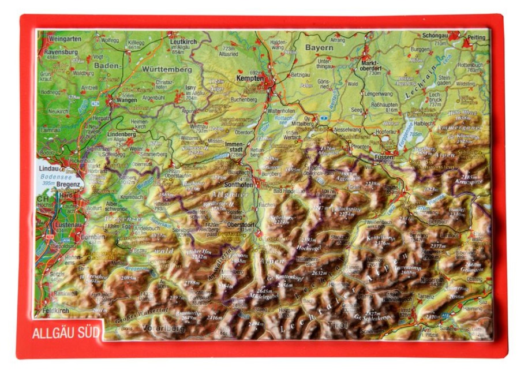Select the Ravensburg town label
[x=60, y=51]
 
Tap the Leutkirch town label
[x=184, y=42]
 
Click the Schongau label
[x=435, y=36]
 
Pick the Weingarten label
[x=65, y=38]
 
